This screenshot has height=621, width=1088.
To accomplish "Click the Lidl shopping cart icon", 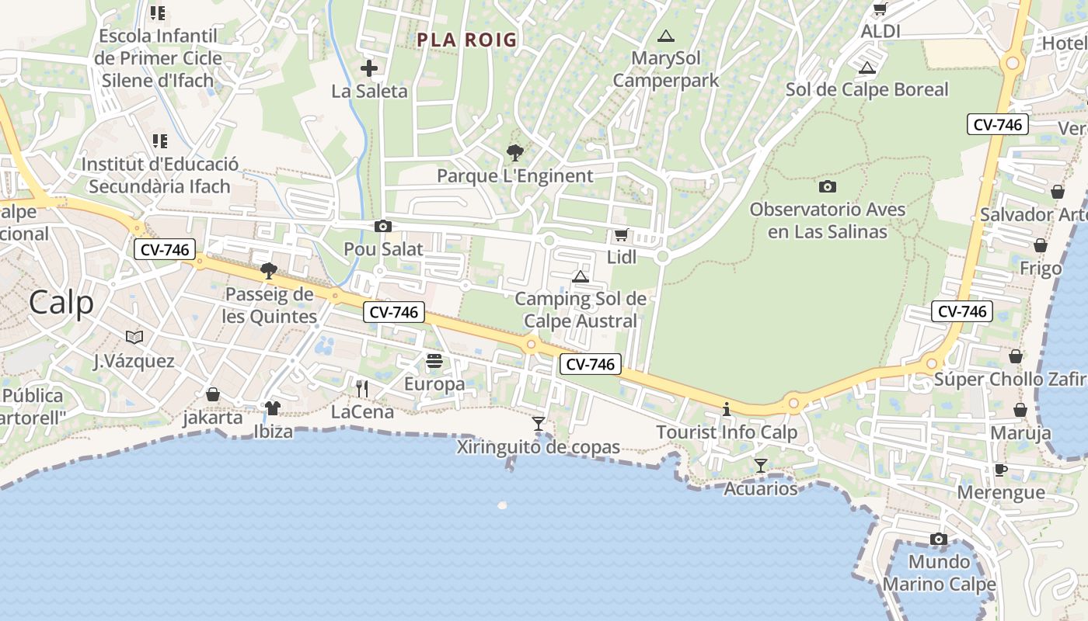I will pyautogui.click(x=620, y=234).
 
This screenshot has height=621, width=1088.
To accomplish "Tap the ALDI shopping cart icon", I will pyautogui.click(x=880, y=9).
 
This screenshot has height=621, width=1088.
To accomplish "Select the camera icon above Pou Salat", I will pyautogui.click(x=383, y=227).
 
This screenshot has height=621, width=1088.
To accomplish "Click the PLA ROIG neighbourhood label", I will pyautogui.click(x=466, y=40).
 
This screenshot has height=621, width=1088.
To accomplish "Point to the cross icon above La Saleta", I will pyautogui.click(x=369, y=68).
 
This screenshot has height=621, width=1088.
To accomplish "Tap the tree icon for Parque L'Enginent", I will pyautogui.click(x=514, y=153).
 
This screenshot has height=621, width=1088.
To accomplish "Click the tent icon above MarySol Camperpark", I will pyautogui.click(x=665, y=36).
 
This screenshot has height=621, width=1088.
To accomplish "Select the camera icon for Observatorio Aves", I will pyautogui.click(x=828, y=186).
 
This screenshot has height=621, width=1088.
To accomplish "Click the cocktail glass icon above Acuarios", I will pyautogui.click(x=761, y=466).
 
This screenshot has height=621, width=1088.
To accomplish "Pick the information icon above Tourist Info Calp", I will pyautogui.click(x=727, y=409).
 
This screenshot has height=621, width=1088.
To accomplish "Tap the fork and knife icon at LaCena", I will pyautogui.click(x=362, y=389).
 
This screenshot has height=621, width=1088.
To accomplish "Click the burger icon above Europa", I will pyautogui.click(x=434, y=361).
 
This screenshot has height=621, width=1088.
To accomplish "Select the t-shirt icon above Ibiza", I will pyautogui.click(x=272, y=408).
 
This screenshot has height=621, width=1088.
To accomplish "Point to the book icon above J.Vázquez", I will pyautogui.click(x=134, y=337).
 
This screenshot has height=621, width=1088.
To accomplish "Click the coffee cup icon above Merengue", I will pyautogui.click(x=1000, y=470).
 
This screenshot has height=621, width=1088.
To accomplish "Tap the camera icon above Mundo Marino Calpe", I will pyautogui.click(x=939, y=539).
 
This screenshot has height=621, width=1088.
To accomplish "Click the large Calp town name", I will pyautogui.click(x=61, y=303).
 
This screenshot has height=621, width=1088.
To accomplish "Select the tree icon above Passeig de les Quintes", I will pyautogui.click(x=269, y=271).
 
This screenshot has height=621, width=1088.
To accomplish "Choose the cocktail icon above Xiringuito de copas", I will pyautogui.click(x=538, y=424).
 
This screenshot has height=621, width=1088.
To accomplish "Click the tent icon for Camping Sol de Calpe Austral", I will pyautogui.click(x=581, y=276).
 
